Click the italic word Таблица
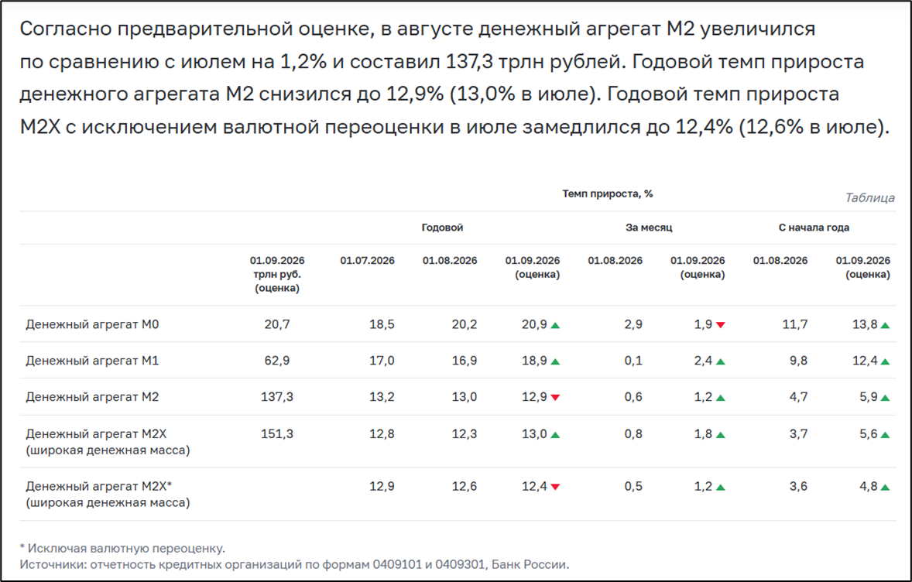(869, 197)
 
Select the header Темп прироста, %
(607, 193)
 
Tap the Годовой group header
(442, 228)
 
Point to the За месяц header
(649, 228)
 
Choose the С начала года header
(814, 228)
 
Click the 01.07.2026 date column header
(367, 261)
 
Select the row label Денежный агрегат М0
(92, 324)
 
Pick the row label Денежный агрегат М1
(92, 361)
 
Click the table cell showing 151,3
(277, 433)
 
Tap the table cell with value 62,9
(277, 361)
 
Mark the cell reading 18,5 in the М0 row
(382, 324)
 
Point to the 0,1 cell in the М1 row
(633, 361)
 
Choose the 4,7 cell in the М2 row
(799, 397)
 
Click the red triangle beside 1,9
(721, 325)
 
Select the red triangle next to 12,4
(555, 487)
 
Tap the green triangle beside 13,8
(885, 325)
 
